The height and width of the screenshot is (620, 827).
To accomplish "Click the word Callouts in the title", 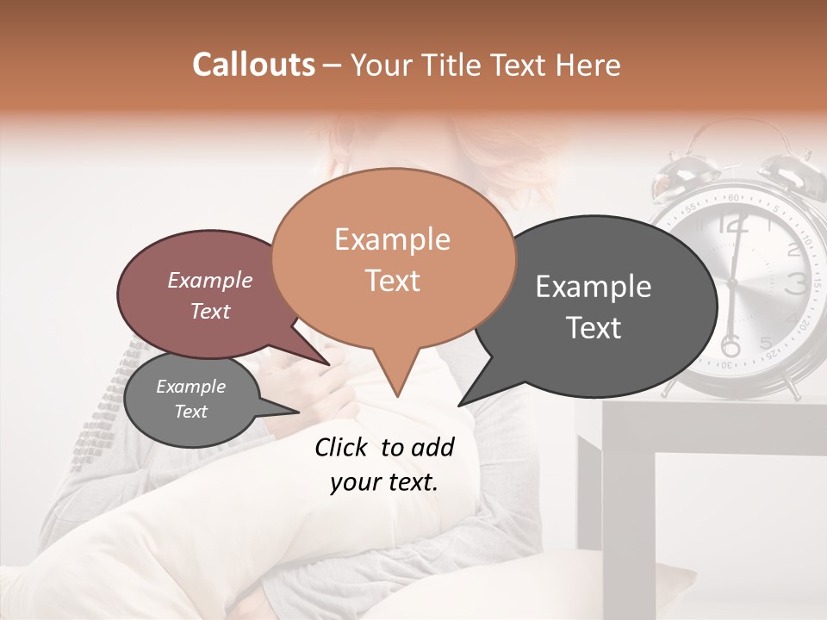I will [253, 65].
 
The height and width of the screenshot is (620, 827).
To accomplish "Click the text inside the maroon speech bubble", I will [210, 295].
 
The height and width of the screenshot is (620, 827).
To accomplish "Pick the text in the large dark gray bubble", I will [594, 307].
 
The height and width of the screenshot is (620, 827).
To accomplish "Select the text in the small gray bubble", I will [190, 399].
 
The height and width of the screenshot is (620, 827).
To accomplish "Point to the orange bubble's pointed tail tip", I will [396, 397].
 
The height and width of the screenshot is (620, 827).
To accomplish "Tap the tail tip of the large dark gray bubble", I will [458, 405].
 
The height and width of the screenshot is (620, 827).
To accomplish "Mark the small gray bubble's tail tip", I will [299, 412].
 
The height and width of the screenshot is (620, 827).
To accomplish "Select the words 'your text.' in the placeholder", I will [384, 483].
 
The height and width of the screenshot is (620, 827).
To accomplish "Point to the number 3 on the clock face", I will [797, 283].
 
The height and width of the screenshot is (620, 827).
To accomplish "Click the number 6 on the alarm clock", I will [731, 346].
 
